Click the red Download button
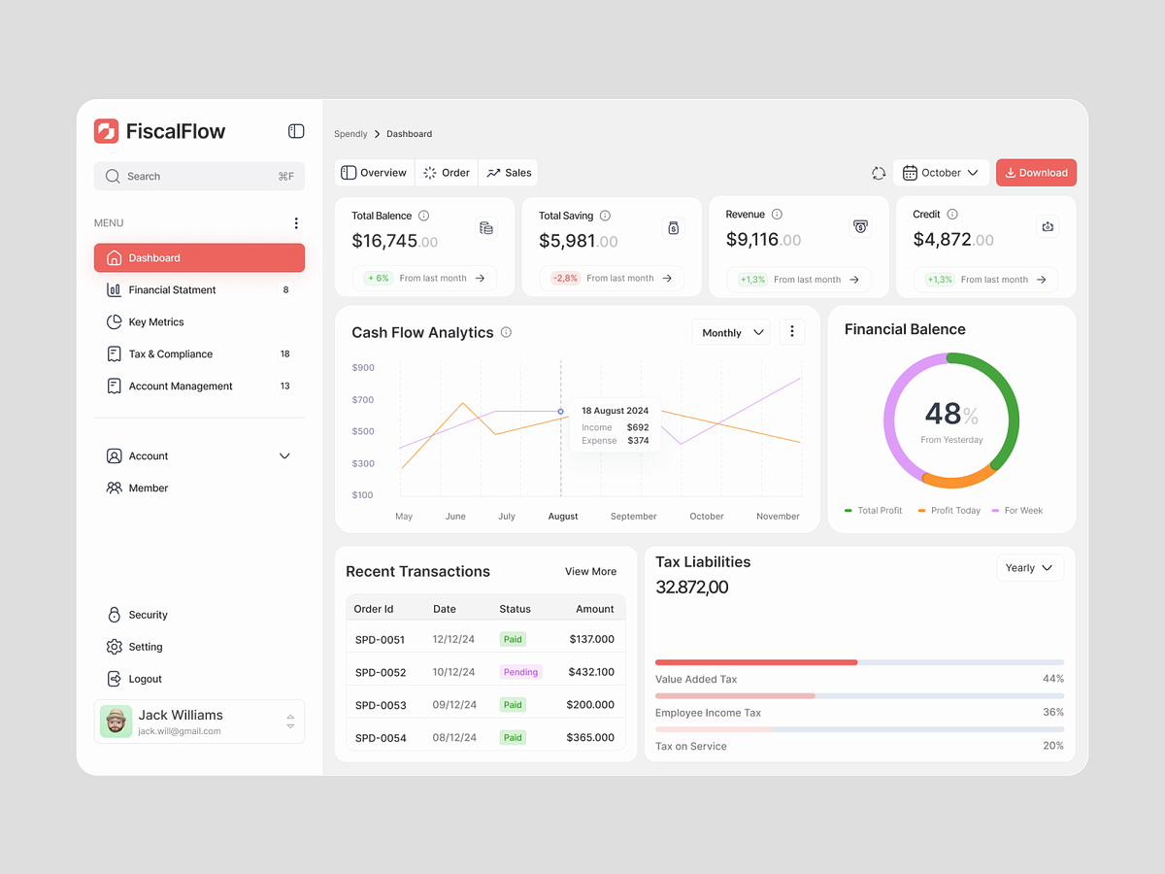point(1036,173)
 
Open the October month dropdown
point(941,173)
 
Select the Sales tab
point(509,173)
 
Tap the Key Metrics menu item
point(156,322)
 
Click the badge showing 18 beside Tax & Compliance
point(285,353)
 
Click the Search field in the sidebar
point(200,176)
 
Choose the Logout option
point(145,679)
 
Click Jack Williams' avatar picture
point(116,722)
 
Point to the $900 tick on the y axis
point(363,367)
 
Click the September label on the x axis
point(633,516)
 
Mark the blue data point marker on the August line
point(560,411)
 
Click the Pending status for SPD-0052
point(520,672)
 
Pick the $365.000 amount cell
point(590,737)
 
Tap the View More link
point(590,572)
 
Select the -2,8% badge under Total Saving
point(565,278)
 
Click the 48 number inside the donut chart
point(943,414)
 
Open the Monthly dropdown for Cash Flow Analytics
point(731,333)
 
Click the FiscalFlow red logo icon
point(106,131)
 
